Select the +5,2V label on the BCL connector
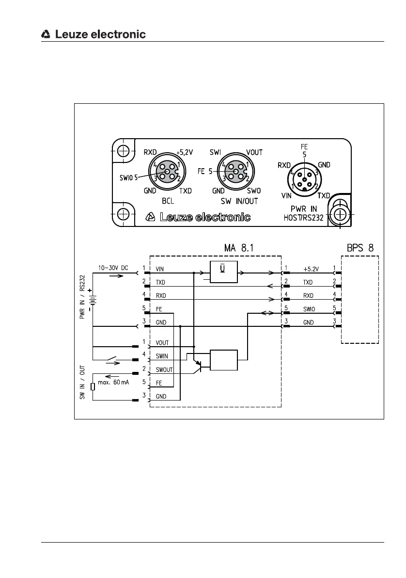coord(184,152)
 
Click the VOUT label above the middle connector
coord(254,152)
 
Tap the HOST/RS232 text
coord(304,218)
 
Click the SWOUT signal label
coord(164,369)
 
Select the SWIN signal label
coord(162,356)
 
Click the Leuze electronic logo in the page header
coord(93,34)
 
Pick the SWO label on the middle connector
coord(254,191)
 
